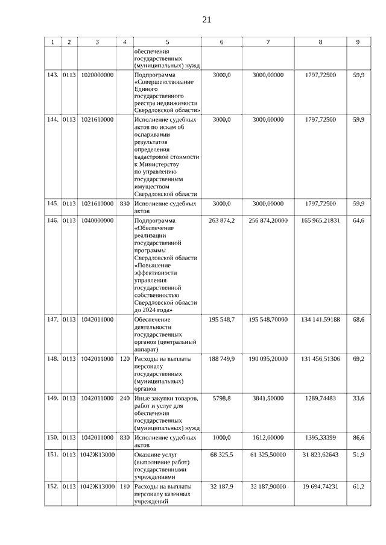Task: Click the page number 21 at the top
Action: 206,20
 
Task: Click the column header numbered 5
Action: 167,42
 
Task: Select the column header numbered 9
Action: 358,42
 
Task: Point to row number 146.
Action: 52,221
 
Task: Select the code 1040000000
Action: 97,221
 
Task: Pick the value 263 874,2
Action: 221,221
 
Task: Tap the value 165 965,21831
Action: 320,221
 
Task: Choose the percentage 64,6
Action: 358,221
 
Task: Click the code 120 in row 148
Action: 125,359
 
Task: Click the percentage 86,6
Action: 358,437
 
